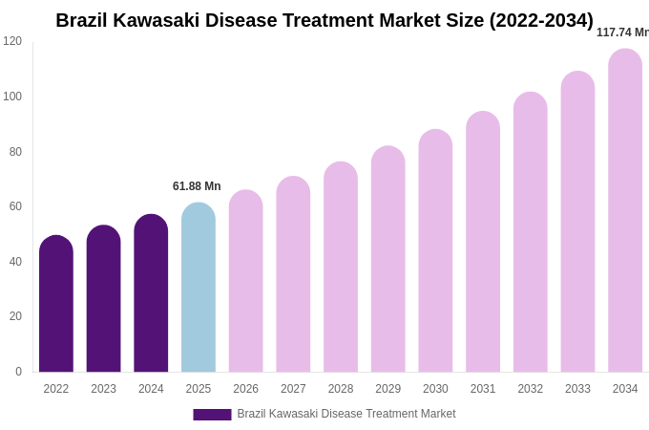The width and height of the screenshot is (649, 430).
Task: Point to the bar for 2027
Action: [x=293, y=274]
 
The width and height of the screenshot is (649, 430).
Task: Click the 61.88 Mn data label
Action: [x=197, y=186]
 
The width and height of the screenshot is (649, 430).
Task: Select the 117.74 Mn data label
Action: [x=622, y=32]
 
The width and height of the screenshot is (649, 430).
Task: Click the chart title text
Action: [x=324, y=20]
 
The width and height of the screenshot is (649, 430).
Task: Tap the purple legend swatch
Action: [x=212, y=415]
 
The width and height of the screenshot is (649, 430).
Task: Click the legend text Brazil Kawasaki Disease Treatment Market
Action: [x=346, y=414]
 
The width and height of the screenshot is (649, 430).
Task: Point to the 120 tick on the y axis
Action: [x=12, y=41]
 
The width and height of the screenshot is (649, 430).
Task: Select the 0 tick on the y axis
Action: [x=18, y=372]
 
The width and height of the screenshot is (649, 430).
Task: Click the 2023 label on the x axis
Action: [x=103, y=389]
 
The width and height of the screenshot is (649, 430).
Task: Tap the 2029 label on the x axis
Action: [x=388, y=389]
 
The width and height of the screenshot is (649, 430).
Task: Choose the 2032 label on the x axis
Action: [x=531, y=389]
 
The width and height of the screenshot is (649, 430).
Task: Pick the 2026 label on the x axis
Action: [x=246, y=389]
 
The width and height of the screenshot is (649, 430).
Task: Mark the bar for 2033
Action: [x=577, y=222]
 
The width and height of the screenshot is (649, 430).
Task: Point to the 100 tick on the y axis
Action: [x=12, y=97]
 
